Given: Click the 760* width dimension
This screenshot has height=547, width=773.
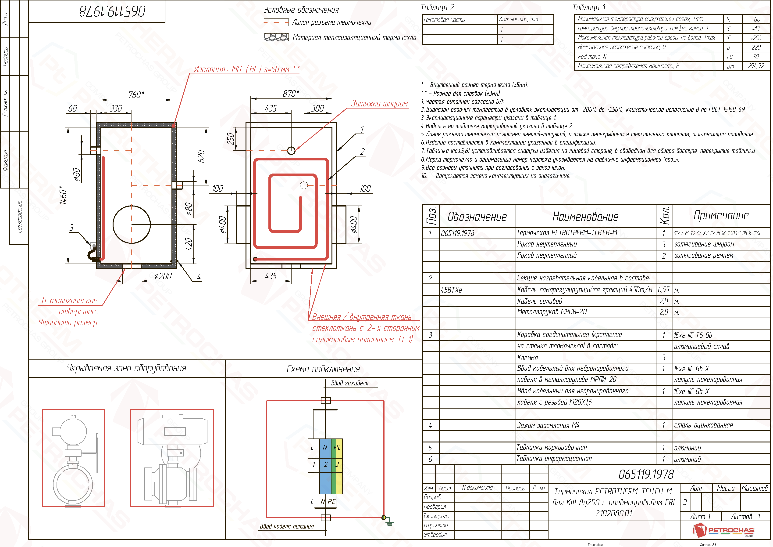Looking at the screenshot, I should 136,95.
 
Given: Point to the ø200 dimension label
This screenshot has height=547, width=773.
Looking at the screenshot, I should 163,276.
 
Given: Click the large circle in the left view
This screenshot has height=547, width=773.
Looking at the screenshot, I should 132,224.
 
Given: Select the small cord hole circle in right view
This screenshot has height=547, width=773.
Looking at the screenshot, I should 291,150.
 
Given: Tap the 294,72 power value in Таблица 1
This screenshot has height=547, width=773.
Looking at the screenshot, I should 756,66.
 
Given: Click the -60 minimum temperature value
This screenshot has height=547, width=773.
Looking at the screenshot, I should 755,19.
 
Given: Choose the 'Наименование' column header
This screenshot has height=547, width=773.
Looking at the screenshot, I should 585,216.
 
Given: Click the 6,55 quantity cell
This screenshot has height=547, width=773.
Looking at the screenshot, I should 664,290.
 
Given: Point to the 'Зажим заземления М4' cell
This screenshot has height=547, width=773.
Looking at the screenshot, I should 548,425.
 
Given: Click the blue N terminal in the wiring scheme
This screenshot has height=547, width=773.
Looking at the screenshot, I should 325,447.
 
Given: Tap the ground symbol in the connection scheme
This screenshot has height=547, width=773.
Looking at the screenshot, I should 389,522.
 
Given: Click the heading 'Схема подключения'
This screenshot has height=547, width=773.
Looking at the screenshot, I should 323,369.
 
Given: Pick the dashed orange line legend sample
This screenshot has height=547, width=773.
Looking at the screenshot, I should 276,23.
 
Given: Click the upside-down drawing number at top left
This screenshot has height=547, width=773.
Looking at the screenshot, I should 112,11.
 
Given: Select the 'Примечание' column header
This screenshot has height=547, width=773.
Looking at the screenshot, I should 721,215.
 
